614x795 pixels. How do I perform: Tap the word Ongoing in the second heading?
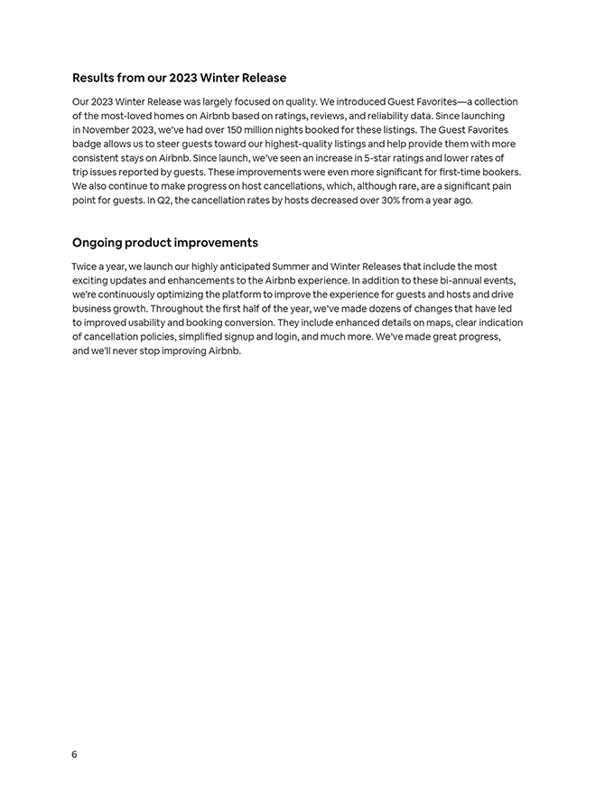[x=97, y=243]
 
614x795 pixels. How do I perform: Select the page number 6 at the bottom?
[x=74, y=755]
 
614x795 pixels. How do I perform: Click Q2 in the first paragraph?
[x=155, y=200]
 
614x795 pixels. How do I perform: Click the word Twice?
[x=86, y=267]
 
